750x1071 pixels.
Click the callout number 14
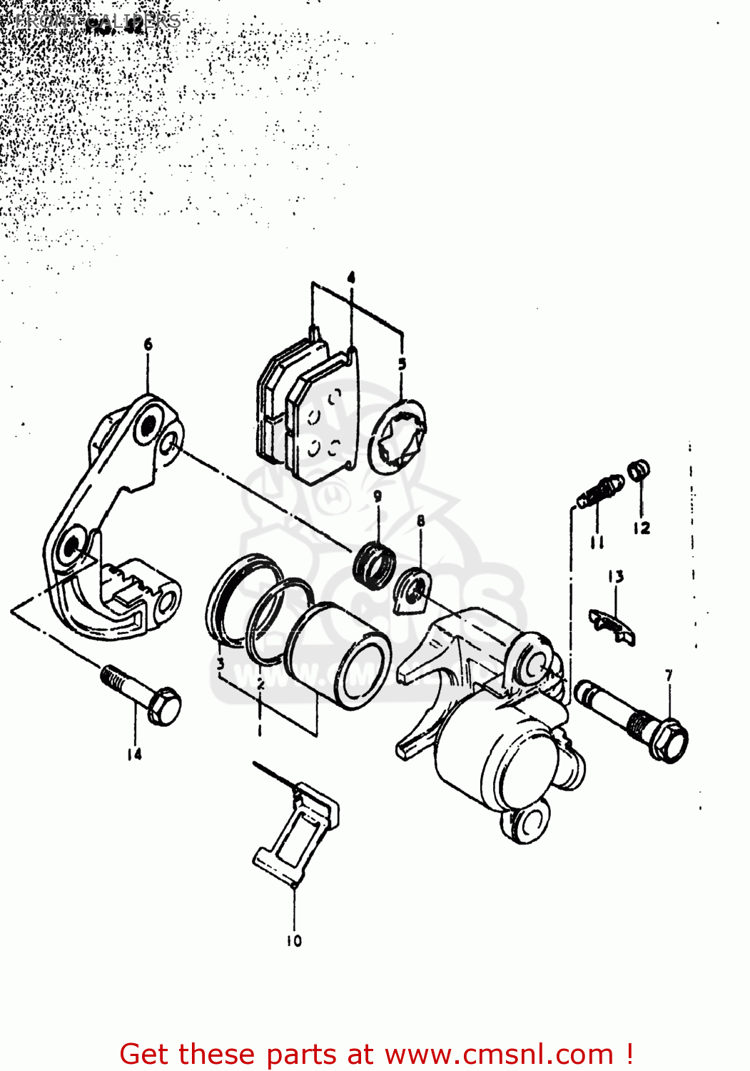(134, 753)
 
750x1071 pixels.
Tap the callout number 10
(294, 941)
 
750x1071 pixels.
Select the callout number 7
(669, 675)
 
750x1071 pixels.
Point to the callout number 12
(641, 528)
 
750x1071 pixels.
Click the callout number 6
(148, 345)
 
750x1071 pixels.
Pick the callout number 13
(616, 576)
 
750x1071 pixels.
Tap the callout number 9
(377, 496)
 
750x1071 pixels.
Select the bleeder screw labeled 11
(599, 491)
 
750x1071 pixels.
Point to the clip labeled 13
(612, 624)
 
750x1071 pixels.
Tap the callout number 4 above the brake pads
(351, 277)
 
